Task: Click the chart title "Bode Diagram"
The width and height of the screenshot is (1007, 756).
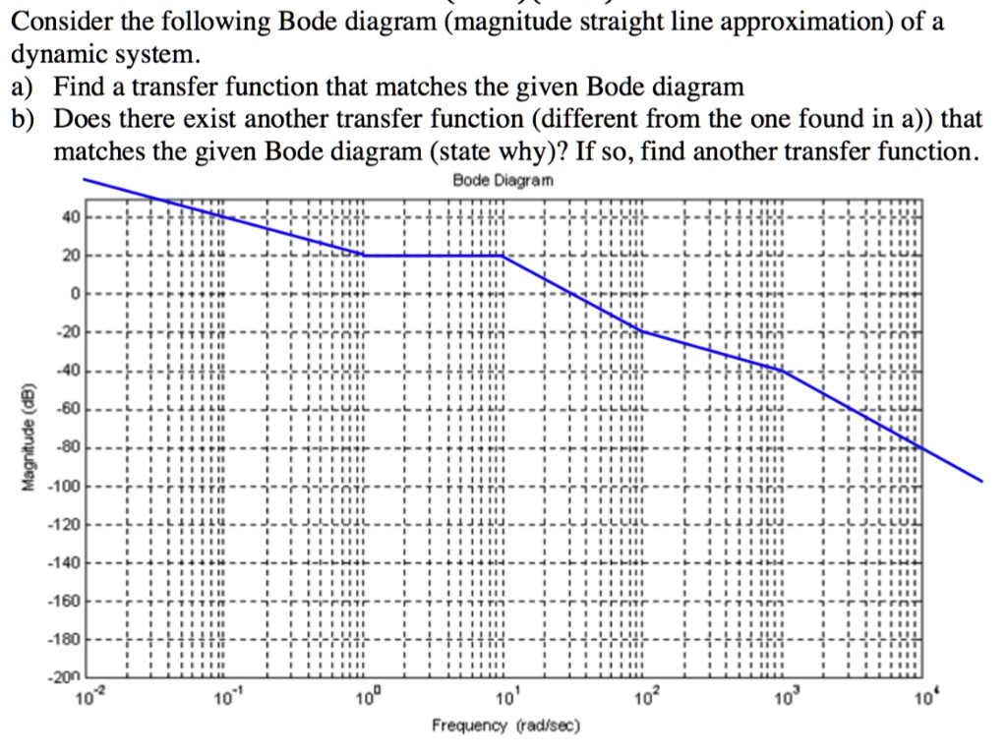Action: tap(503, 181)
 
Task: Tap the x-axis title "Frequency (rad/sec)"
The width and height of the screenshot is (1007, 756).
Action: tap(505, 726)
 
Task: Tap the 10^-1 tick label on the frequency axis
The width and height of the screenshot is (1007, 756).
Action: tap(225, 699)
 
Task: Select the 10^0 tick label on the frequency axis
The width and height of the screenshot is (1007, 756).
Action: tap(364, 699)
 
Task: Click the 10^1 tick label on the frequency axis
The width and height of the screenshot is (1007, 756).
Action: tap(504, 699)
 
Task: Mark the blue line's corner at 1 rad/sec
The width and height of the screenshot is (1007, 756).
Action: tap(364, 256)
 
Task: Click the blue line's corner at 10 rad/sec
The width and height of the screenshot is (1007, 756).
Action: tap(503, 256)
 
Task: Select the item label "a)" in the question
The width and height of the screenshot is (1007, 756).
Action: tap(23, 87)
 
